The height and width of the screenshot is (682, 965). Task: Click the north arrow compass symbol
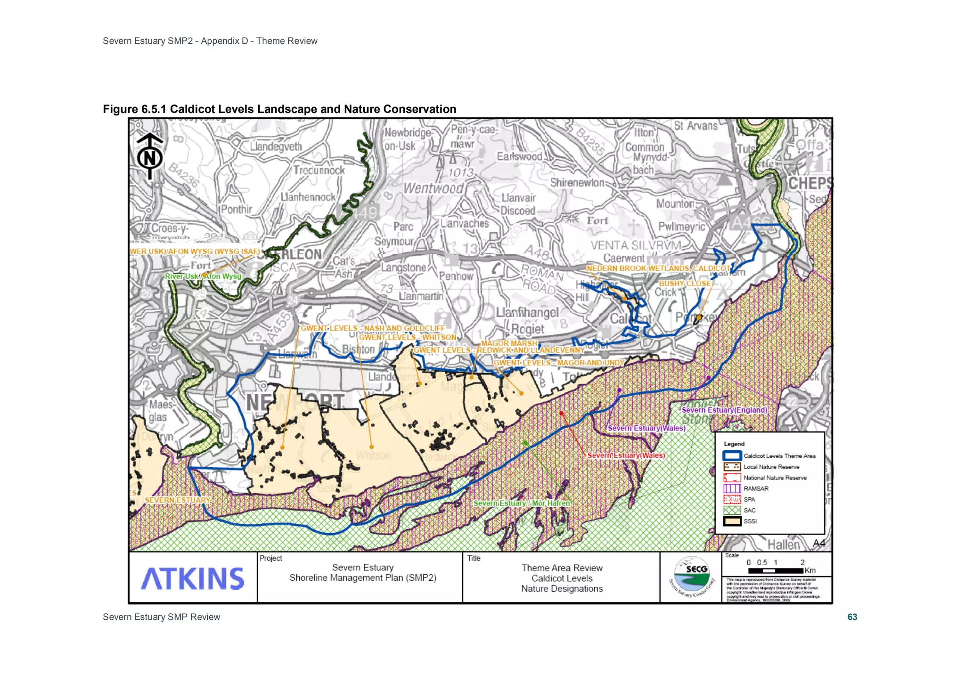tap(150, 156)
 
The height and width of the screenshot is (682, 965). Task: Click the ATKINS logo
tap(193, 578)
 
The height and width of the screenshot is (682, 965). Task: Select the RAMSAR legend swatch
tap(732, 488)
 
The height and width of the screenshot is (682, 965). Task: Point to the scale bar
tap(776, 570)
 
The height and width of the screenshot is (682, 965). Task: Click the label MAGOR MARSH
tap(508, 343)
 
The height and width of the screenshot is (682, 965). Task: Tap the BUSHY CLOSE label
tap(685, 284)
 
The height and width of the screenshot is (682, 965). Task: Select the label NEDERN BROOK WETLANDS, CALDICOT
tap(658, 268)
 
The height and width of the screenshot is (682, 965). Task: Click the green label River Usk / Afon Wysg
tap(203, 276)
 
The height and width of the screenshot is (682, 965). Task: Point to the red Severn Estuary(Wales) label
tap(626, 455)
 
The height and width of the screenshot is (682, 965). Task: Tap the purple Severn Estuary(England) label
tap(724, 410)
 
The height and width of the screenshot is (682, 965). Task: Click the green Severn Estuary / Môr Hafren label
tap(522, 503)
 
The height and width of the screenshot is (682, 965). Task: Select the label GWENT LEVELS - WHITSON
tap(408, 337)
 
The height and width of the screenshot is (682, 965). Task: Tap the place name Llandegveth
tap(276, 146)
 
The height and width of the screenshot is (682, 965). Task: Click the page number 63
tap(852, 617)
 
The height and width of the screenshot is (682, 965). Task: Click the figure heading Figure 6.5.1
tap(279, 109)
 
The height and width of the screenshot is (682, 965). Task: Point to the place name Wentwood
tap(433, 188)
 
